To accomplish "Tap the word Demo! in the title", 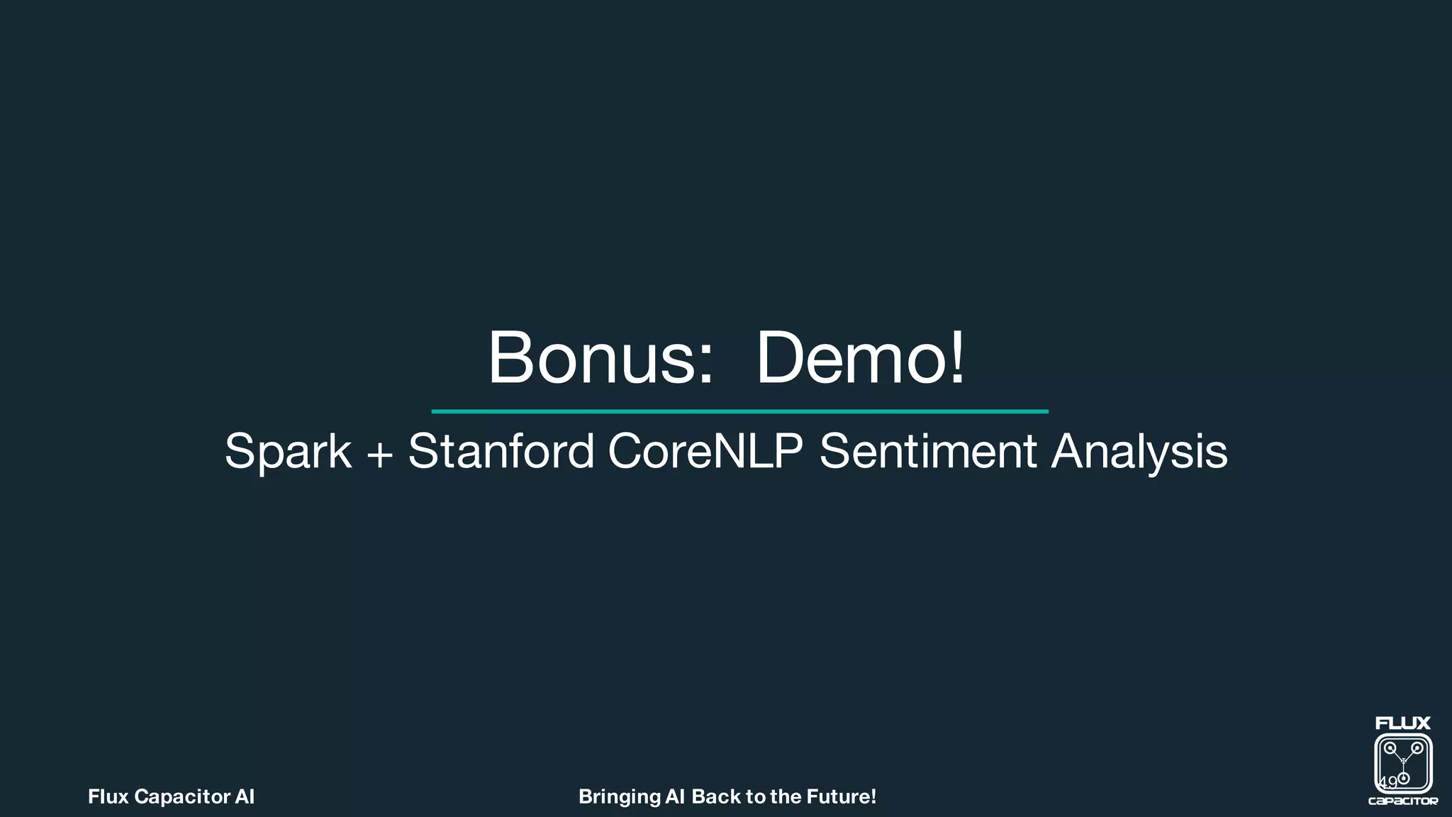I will point(860,357).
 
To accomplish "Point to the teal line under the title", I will point(739,411).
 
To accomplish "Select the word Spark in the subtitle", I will point(288,452).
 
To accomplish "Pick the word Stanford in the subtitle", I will point(501,451).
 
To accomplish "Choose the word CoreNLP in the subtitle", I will point(705,451).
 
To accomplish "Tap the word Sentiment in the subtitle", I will point(928,451).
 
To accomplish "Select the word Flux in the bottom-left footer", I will point(108,797).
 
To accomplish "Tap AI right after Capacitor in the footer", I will point(245,797).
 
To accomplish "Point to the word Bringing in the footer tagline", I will point(619,797).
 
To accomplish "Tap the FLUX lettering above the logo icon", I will point(1403,723).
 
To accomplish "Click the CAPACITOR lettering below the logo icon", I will point(1403,801).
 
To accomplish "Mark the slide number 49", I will point(1387,782).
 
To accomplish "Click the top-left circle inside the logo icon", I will point(1390,748).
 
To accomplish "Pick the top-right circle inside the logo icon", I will point(1417,748).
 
